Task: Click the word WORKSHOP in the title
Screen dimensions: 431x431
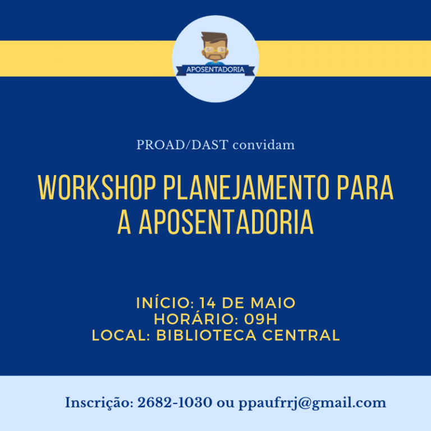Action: point(97,187)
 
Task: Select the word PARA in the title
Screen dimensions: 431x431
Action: point(365,187)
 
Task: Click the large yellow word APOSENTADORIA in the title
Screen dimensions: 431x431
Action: point(226,222)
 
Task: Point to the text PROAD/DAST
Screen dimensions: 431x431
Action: point(182,145)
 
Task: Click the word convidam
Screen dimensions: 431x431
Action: point(264,145)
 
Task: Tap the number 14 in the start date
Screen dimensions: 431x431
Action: point(208,303)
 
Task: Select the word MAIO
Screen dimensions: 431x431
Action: point(273,303)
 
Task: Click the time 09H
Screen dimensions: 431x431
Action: point(261,319)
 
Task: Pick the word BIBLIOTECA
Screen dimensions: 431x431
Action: point(206,336)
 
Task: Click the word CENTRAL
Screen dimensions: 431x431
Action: point(301,336)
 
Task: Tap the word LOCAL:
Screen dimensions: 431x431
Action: point(121,336)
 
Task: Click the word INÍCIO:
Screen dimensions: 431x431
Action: point(165,302)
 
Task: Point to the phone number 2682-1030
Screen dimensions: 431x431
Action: point(175,403)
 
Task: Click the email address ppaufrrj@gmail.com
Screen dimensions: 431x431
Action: point(312,404)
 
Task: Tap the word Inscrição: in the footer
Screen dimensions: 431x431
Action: point(99,404)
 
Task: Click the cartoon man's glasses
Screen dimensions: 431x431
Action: point(215,50)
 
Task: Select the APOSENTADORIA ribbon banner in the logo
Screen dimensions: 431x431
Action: point(215,70)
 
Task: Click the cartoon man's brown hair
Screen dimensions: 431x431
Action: point(214,37)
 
